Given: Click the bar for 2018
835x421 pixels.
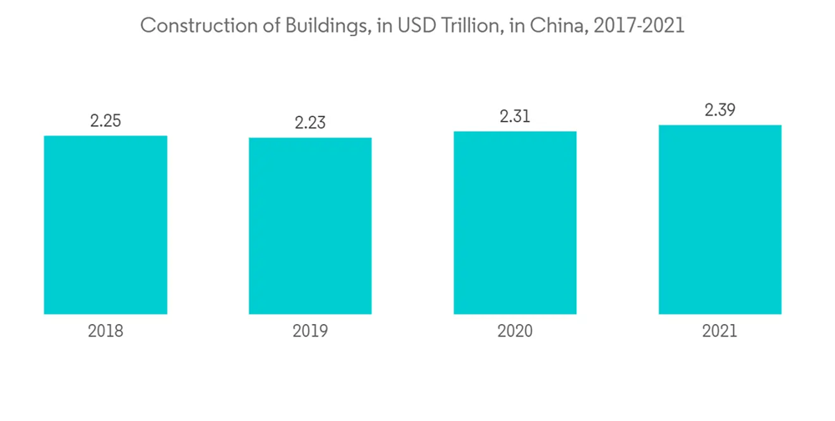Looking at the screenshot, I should [x=105, y=225].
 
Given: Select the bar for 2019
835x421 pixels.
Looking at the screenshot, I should [x=310, y=226].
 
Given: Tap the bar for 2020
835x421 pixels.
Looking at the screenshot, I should [x=515, y=222].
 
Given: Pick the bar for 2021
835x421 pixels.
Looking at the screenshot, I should [x=720, y=220].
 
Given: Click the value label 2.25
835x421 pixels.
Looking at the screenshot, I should [x=105, y=120].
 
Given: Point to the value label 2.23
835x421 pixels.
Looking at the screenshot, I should [x=310, y=123].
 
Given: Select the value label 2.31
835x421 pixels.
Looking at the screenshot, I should [x=515, y=117].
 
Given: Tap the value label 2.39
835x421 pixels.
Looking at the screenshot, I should [x=720, y=110].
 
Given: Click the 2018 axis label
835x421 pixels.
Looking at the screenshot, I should [x=105, y=331].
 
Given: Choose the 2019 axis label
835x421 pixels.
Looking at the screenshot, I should [x=310, y=331].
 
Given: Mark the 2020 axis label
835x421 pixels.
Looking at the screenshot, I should [x=515, y=331].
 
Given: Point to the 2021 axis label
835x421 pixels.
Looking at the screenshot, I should [x=720, y=331].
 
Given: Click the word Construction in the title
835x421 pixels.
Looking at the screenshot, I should [x=188, y=26].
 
